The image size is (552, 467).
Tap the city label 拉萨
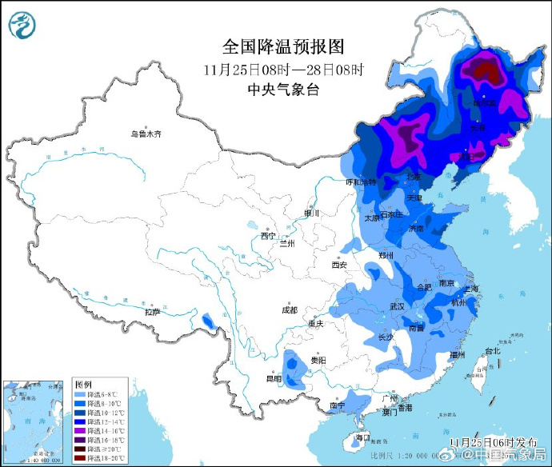[152, 312]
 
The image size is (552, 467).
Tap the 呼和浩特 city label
[359, 182]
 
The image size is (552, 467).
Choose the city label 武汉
[398, 306]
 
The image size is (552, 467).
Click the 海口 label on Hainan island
[363, 437]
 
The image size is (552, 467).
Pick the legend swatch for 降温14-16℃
[79, 429]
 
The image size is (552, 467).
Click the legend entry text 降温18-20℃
[104, 460]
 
